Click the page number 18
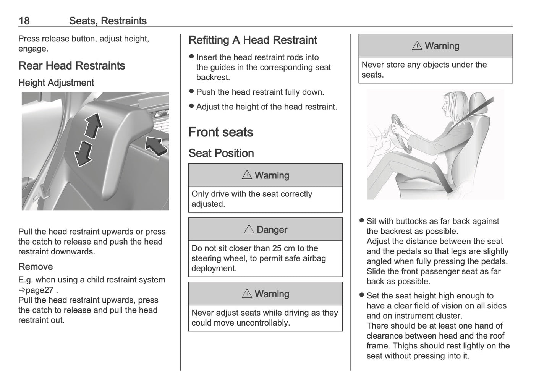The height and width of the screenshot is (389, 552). (x=24, y=21)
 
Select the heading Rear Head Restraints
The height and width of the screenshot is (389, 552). (x=72, y=66)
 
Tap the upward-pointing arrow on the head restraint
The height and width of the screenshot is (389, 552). (x=93, y=125)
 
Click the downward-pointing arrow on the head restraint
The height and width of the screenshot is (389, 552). (x=83, y=154)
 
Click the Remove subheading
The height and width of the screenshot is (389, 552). (x=36, y=267)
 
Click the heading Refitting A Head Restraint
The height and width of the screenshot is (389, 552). (x=253, y=40)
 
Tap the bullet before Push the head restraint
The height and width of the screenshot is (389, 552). (x=192, y=92)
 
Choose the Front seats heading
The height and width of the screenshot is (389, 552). (x=221, y=132)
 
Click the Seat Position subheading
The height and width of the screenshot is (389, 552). (x=221, y=153)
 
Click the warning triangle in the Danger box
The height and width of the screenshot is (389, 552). (x=249, y=229)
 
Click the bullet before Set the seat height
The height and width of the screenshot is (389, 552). (x=362, y=295)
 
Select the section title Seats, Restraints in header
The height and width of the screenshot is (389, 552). (x=108, y=21)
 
